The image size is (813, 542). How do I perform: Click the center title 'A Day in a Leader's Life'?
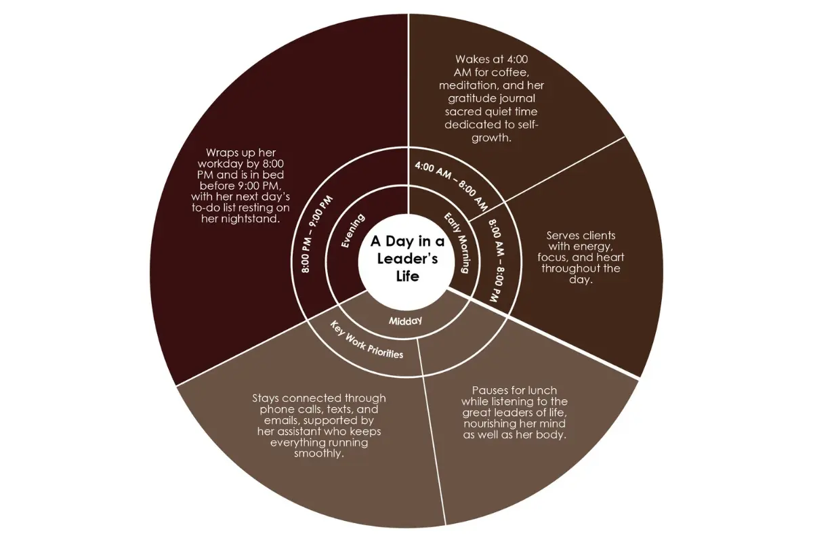pyautogui.click(x=407, y=259)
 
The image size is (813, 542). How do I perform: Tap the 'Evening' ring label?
pyautogui.click(x=353, y=231)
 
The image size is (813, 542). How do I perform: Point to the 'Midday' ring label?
pyautogui.click(x=405, y=321)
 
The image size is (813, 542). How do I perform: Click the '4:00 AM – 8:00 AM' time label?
pyautogui.click(x=451, y=186)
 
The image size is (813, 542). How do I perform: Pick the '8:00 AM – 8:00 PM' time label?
pyautogui.click(x=497, y=260)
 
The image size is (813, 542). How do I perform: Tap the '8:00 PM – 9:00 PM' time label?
pyautogui.click(x=316, y=234)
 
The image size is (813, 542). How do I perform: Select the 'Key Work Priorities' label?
pyautogui.click(x=367, y=340)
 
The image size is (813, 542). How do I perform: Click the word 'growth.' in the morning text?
pyautogui.click(x=491, y=138)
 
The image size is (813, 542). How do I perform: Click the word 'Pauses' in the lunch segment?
pyautogui.click(x=489, y=391)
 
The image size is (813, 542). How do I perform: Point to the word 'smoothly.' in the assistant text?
pyautogui.click(x=318, y=453)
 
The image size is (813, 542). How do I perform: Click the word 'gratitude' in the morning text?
pyautogui.click(x=471, y=99)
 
